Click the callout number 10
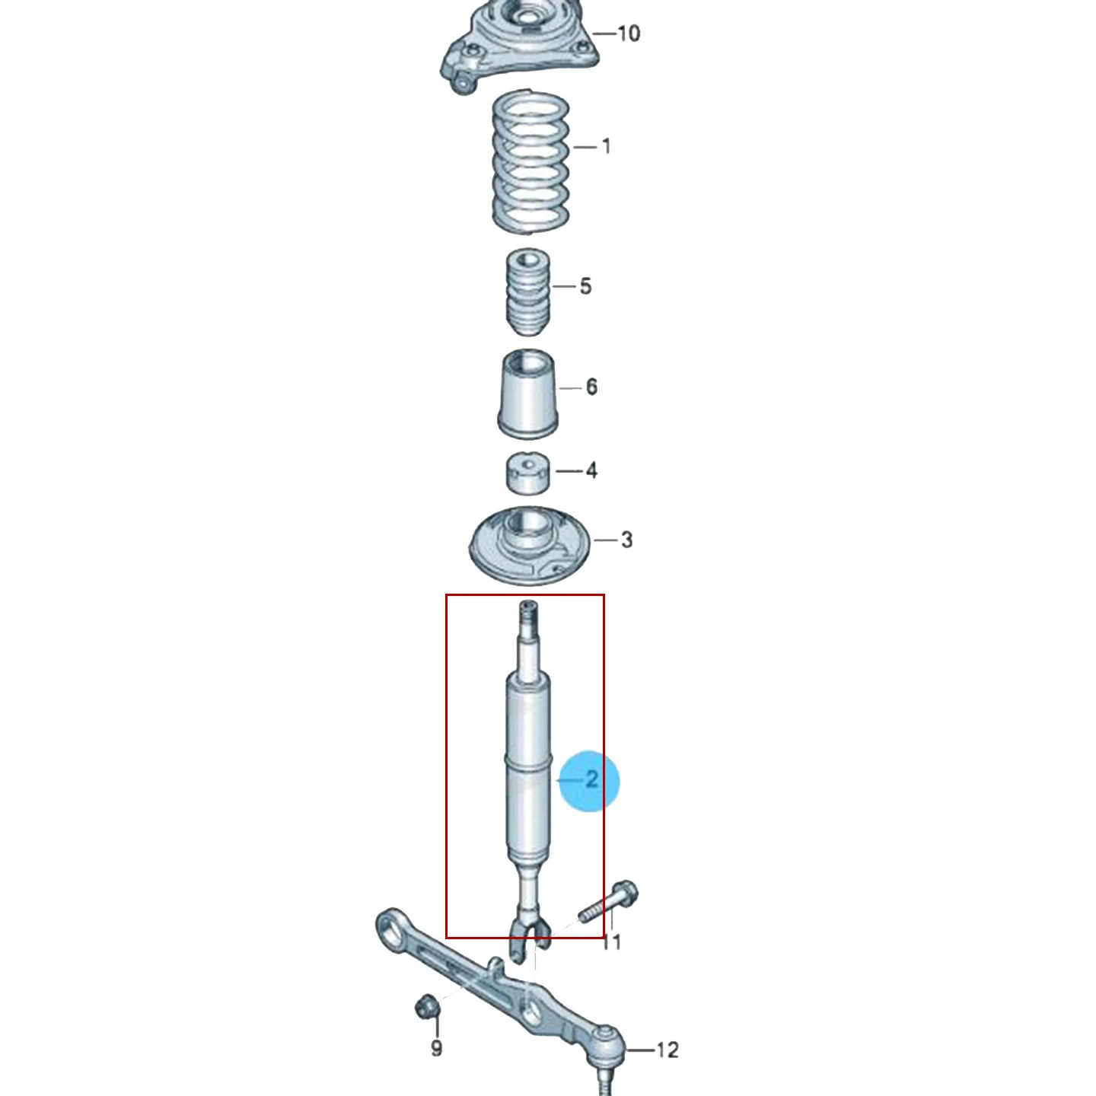coord(629,33)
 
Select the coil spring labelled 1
coord(530,162)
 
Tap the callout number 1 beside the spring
coord(607,147)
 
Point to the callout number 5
coord(586,286)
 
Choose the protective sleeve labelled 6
coord(528,394)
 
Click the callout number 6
coord(591,387)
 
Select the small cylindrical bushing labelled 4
coord(527,473)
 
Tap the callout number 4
coord(591,471)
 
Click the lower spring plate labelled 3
coord(529,545)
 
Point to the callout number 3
coord(626,540)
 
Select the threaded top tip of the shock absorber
coord(528,612)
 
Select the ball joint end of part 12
coord(607,1045)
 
